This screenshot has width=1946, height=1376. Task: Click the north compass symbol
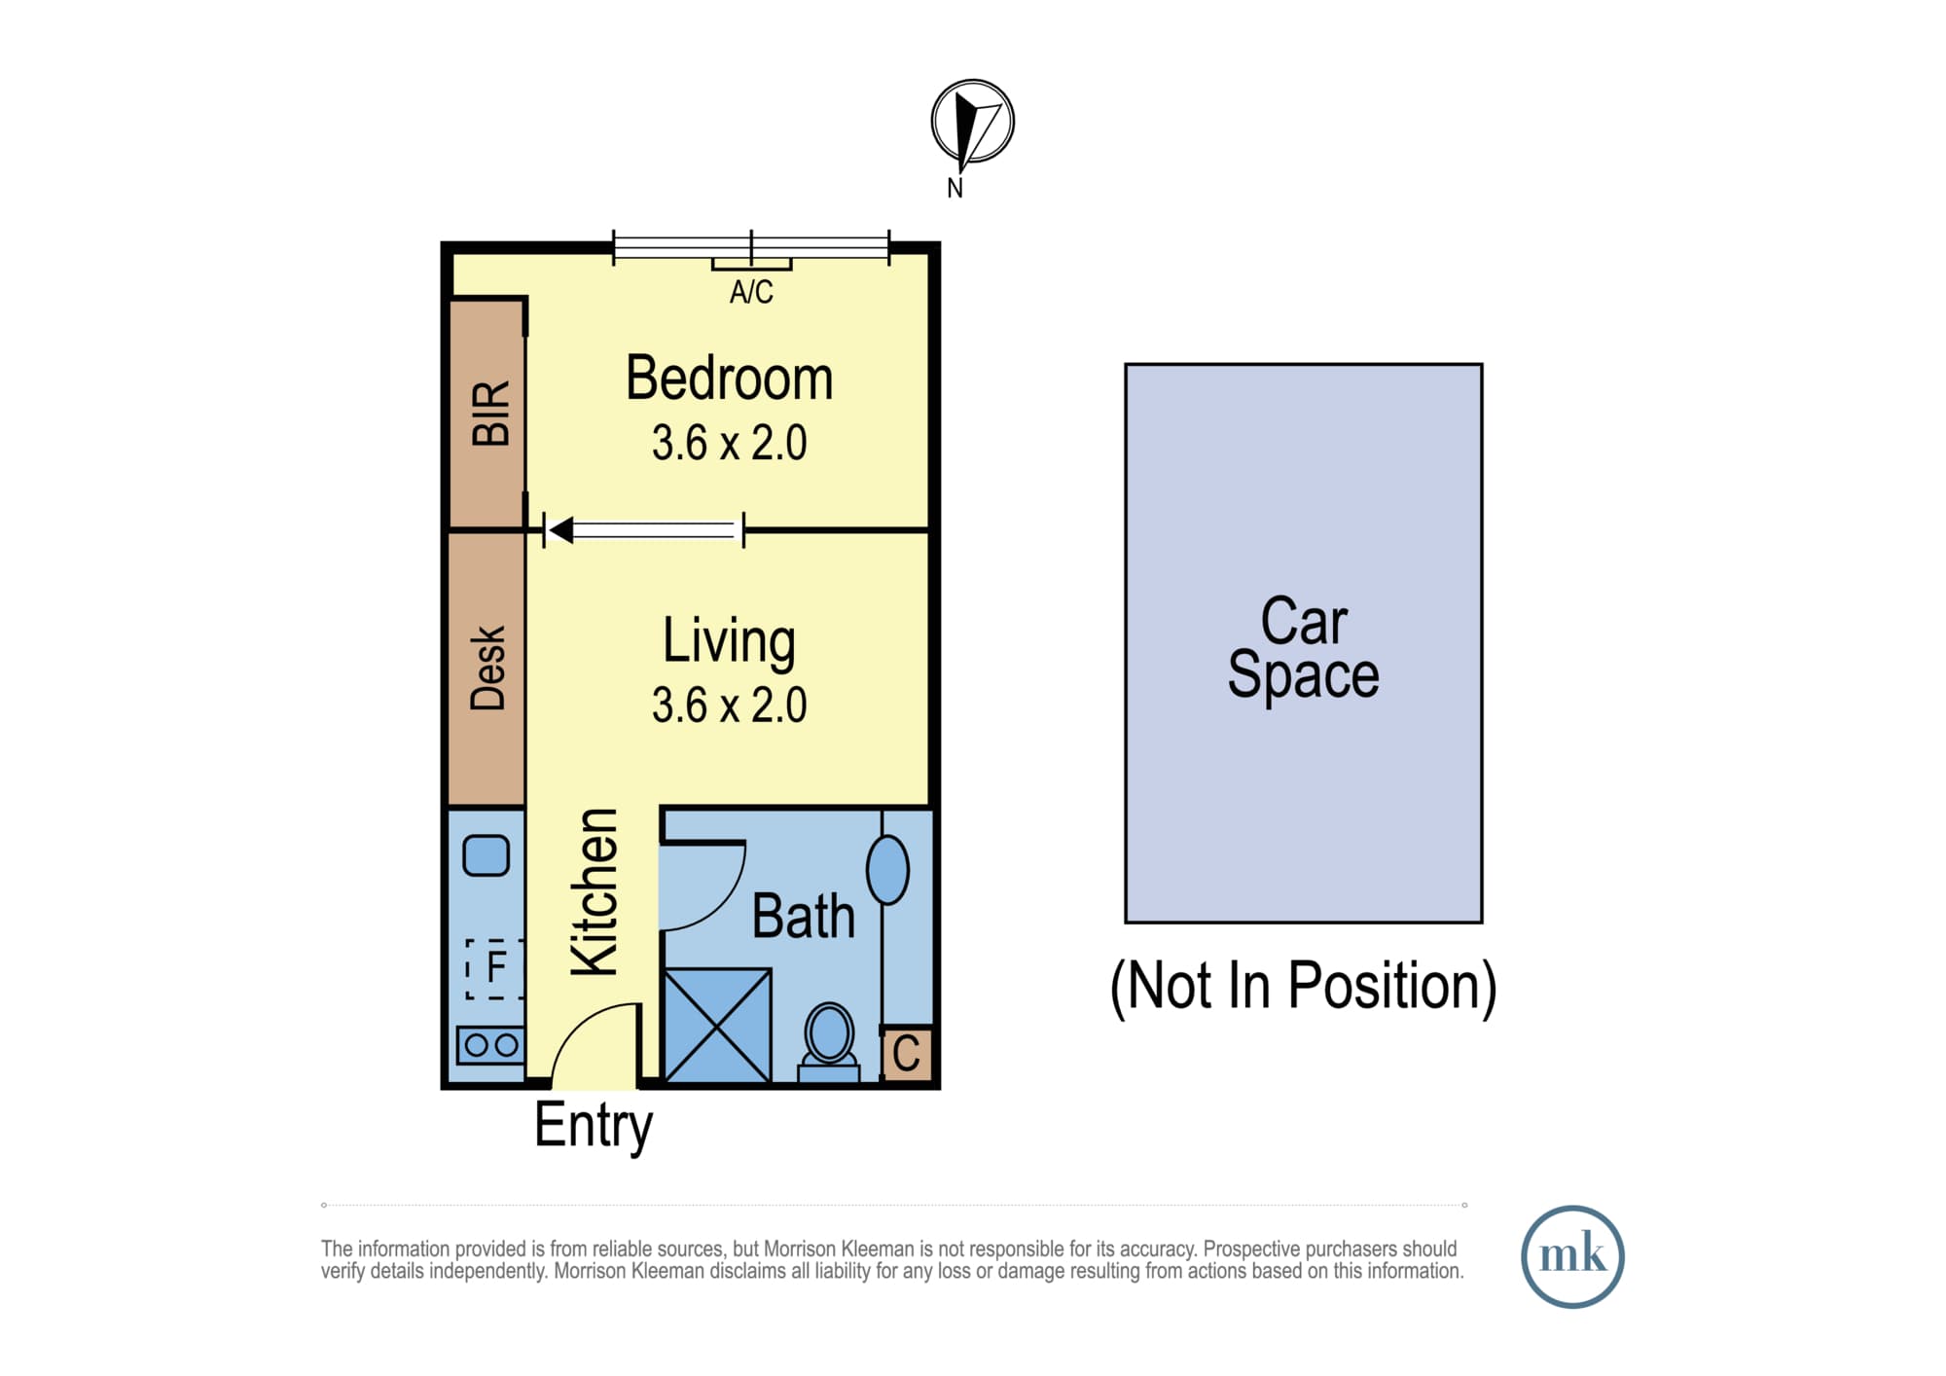coord(972,122)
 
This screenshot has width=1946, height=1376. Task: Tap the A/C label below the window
coord(751,292)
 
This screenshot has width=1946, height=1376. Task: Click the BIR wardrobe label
coord(491,413)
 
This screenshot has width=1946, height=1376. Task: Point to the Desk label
coord(488,668)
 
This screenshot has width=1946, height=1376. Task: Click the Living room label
coord(729,642)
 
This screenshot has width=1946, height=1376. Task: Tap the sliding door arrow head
coord(560,530)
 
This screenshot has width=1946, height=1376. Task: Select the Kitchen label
coord(595,891)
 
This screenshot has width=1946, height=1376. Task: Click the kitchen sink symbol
coord(486,855)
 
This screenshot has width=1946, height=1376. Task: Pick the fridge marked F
coord(495,968)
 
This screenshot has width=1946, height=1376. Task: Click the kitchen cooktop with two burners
coord(491,1045)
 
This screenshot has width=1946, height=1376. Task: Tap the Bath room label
coord(804,917)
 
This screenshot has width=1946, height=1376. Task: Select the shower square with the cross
coord(718,1025)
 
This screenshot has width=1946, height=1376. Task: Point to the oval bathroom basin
coord(887,869)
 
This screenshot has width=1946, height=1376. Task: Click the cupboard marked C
coord(907,1053)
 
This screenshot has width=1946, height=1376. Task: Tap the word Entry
coord(594,1126)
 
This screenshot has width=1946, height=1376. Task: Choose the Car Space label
coord(1304,647)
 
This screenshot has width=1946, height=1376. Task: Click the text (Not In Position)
coord(1304,987)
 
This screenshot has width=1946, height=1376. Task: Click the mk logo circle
coord(1572,1256)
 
